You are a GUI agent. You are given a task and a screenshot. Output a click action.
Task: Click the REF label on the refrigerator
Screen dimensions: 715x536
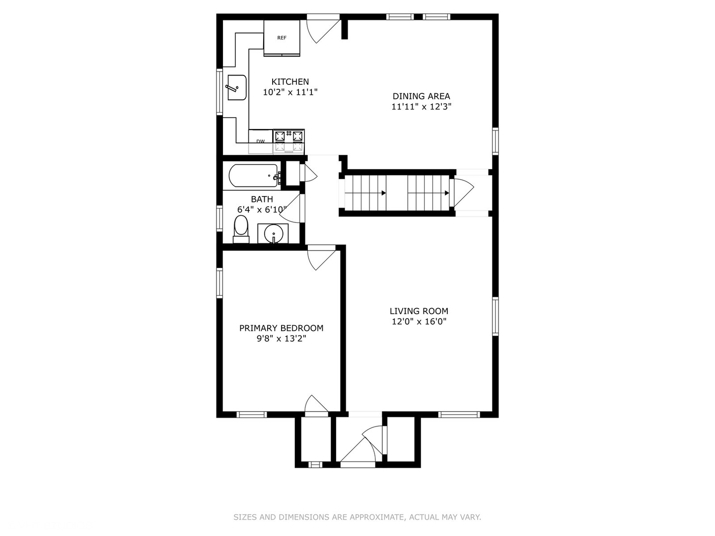(282, 38)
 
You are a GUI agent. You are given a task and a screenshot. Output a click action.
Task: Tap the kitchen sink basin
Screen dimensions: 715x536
(237, 87)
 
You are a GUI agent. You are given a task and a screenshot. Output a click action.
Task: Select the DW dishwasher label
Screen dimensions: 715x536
(260, 141)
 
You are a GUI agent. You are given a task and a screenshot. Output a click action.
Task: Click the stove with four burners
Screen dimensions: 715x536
(288, 141)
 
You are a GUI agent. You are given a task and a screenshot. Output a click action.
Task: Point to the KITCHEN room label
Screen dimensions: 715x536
(290, 82)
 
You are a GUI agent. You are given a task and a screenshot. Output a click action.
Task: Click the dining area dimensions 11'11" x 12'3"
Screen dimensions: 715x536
(421, 107)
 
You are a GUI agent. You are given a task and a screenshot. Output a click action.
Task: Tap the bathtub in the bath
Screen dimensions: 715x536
(253, 175)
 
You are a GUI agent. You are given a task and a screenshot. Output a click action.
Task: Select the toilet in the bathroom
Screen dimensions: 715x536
(241, 229)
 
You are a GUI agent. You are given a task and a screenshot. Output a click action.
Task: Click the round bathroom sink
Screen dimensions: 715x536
(273, 233)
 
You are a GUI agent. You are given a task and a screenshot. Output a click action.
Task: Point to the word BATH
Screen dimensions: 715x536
(262, 199)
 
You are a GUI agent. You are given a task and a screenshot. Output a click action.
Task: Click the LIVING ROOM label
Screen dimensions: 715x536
(419, 311)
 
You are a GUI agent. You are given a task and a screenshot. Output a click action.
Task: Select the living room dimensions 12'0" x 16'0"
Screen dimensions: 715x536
(419, 322)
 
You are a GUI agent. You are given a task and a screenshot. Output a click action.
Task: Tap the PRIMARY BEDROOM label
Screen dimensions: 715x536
(281, 328)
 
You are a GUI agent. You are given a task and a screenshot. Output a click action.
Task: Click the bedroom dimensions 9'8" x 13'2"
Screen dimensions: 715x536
(281, 339)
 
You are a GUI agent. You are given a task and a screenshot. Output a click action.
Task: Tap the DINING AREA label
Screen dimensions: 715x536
(421, 96)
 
